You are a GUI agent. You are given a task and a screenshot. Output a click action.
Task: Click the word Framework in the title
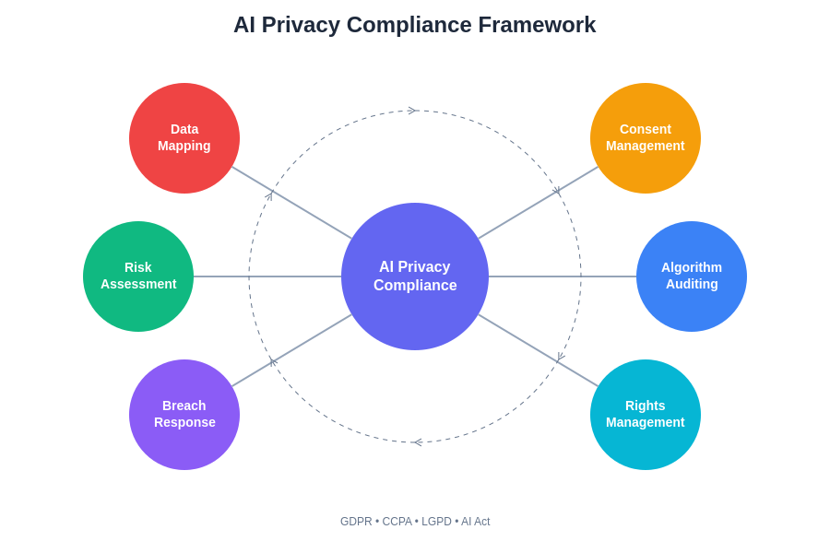pos(537,25)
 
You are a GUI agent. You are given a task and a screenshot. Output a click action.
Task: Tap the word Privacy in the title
pos(300,25)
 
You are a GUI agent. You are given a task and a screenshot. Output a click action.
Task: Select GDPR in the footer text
pos(356,522)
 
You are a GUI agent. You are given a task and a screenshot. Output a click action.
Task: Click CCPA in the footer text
pos(397,522)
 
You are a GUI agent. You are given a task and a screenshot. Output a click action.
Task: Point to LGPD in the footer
pos(436,522)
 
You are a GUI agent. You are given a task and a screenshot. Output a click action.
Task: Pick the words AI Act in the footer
pos(476,522)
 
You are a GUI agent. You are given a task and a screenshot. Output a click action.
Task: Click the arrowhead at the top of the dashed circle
pos(412,111)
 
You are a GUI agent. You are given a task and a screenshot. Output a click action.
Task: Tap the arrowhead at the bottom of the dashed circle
pos(417,442)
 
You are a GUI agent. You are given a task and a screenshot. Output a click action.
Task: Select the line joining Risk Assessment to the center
pos(267,276)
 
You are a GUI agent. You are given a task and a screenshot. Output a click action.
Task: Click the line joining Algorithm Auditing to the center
pos(563,276)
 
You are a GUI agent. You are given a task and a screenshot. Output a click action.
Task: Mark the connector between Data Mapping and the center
pos(291,203)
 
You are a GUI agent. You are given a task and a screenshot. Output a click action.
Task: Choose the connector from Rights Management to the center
pos(539,350)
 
